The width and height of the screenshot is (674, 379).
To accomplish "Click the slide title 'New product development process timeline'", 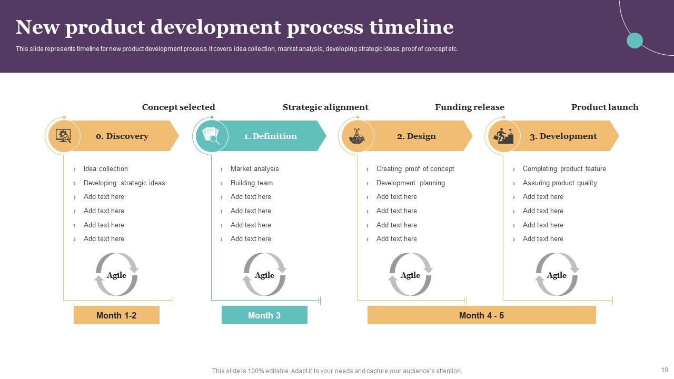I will (234, 27).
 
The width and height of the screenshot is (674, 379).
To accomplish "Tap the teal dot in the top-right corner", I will (635, 41).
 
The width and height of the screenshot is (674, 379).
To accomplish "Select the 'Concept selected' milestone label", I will (179, 107).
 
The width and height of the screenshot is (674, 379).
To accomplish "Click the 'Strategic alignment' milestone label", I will (325, 107).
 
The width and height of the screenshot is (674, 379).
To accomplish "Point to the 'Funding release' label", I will (469, 107).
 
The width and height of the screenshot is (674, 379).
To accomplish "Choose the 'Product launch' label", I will (604, 107).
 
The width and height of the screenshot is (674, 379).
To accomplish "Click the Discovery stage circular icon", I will (64, 136).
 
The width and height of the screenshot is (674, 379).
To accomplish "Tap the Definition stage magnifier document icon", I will (211, 136).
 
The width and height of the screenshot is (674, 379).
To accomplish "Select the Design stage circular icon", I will (358, 136).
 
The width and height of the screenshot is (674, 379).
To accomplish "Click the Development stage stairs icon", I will (504, 136).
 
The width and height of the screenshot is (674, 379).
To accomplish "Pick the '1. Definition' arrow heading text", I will (270, 136).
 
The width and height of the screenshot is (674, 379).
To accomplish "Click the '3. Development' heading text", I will (563, 136).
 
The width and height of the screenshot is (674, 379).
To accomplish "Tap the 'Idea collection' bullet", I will (105, 169).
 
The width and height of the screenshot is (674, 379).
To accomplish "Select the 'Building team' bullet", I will (251, 183).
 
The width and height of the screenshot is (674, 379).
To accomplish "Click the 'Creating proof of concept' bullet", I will (415, 169).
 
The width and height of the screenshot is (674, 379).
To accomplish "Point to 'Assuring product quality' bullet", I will (560, 183).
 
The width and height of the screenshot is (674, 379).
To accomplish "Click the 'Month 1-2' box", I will (116, 315).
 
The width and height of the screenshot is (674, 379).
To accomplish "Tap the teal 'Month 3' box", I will (264, 315).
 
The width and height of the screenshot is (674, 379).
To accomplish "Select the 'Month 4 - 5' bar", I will (481, 315).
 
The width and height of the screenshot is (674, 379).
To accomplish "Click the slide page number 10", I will (664, 370).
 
